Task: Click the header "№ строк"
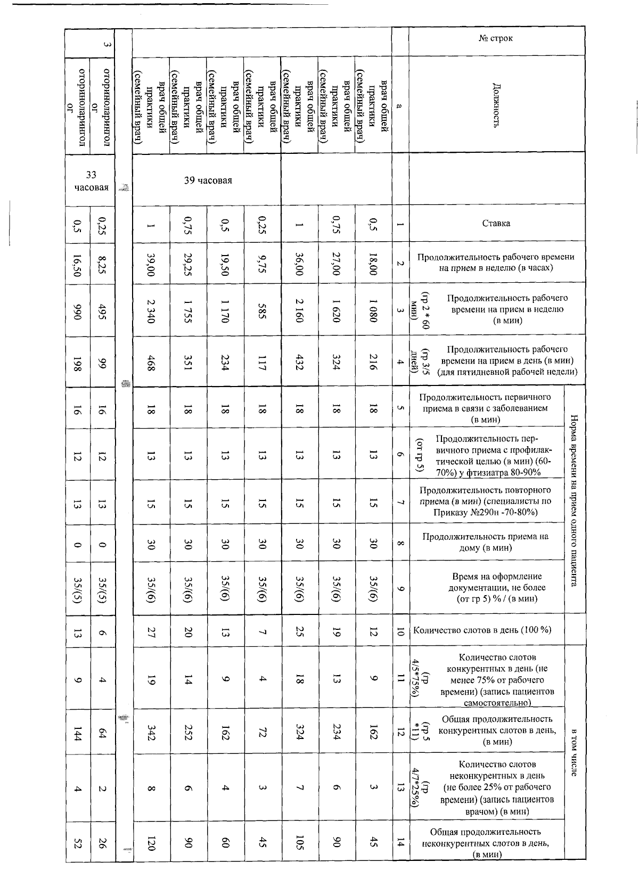(496, 38)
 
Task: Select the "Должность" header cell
(496, 104)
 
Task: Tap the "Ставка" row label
(496, 223)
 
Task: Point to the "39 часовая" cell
(208, 180)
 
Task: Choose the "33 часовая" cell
(91, 181)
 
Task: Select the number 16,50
(78, 264)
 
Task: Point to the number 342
(151, 733)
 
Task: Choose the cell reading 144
(78, 733)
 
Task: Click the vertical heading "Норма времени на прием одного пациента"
(574, 500)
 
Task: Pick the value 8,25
(103, 264)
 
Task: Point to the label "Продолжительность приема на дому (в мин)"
(485, 542)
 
